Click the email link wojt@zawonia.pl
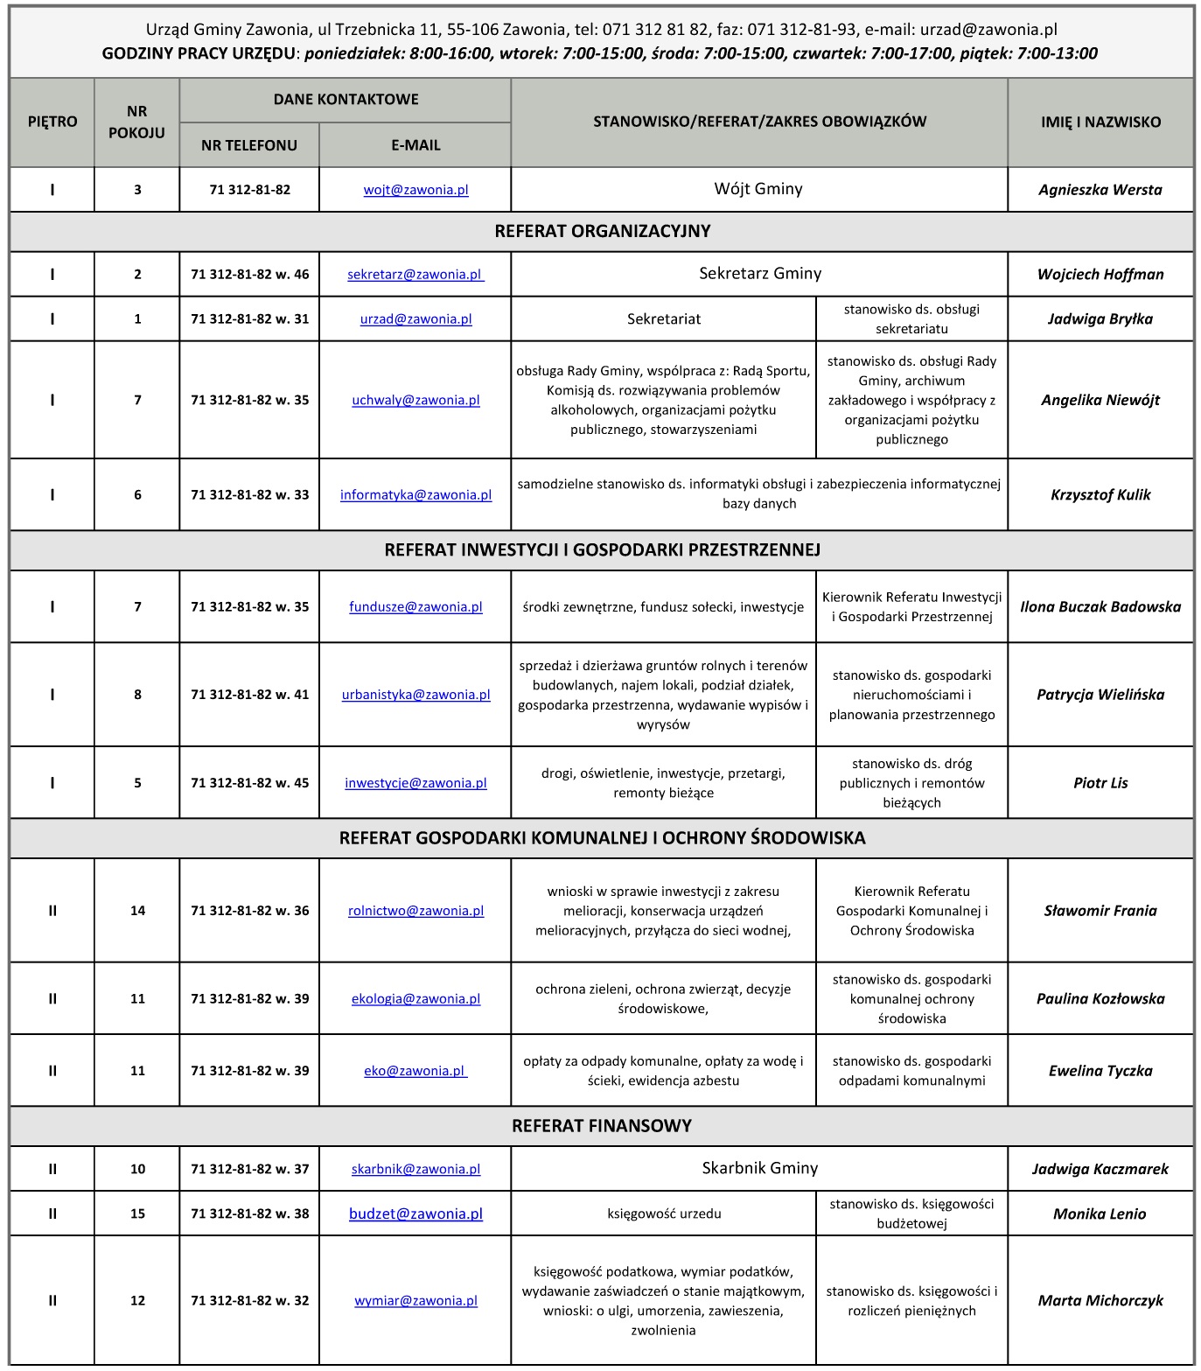[415, 190]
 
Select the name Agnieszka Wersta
[1100, 190]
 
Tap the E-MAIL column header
[415, 145]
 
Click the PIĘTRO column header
[52, 122]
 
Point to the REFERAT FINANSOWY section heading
[602, 1126]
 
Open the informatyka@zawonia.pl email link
[415, 494]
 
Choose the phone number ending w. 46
[249, 274]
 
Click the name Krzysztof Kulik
[1100, 494]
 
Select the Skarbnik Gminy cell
[759, 1168]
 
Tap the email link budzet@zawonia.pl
[415, 1214]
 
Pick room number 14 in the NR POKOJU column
[137, 910]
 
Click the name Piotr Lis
[1100, 783]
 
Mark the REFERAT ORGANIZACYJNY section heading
[602, 232]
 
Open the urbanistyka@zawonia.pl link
[415, 695]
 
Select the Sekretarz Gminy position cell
[759, 274]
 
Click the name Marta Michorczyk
[1100, 1300]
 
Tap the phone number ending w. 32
[249, 1300]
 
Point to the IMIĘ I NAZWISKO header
[1100, 122]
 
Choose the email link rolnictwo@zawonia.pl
[415, 910]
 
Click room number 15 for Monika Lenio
[137, 1214]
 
